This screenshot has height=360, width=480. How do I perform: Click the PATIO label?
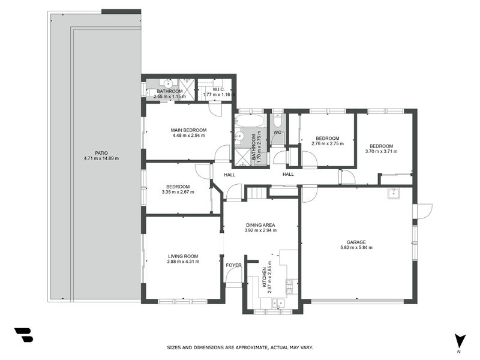coord(101,153)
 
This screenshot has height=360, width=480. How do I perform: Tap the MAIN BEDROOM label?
coord(188,130)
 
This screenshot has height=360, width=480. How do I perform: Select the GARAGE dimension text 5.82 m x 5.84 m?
coord(356,247)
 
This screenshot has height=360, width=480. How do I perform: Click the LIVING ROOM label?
coord(183,256)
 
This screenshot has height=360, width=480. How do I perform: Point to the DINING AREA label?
coord(260,225)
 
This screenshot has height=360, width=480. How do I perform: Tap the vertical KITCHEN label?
coord(265,277)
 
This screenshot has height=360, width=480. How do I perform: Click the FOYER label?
coord(233,265)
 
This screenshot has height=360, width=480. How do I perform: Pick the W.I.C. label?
coord(218,89)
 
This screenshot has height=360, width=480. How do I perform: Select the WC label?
coord(277,133)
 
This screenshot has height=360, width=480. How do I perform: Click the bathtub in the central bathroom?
coord(250,121)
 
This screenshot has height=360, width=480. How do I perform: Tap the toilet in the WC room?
coord(278,121)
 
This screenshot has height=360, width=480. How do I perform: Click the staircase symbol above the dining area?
coord(257,193)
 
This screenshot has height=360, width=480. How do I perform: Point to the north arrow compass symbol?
coord(460,341)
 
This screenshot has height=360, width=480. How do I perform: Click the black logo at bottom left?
coord(24,335)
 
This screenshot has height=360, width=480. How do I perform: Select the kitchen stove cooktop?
coord(290,287)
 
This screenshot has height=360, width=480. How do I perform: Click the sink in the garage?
coord(394,193)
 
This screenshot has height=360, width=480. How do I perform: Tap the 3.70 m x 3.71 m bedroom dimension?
coord(381,151)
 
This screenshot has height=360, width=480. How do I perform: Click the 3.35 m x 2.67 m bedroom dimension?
coord(178,192)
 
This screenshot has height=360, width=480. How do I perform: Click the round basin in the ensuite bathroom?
coord(168,83)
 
